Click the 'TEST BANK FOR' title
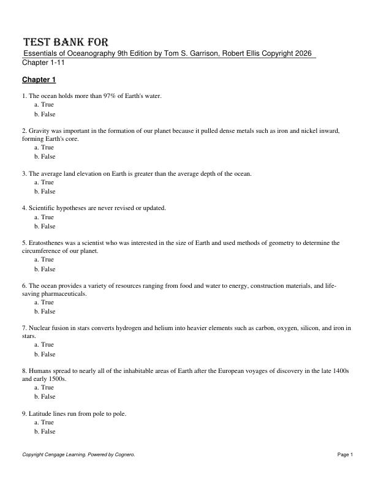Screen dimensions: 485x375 66,42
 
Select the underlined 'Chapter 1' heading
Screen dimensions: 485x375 39,80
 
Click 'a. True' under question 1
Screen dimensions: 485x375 44,105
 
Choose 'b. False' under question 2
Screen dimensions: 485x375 45,157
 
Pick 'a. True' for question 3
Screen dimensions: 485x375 44,182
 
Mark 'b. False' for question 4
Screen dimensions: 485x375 45,227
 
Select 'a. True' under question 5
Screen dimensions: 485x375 44,260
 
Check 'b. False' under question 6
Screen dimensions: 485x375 45,312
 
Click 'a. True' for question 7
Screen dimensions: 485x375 44,345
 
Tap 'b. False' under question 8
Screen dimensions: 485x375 45,397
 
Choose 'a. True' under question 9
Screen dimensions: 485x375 44,423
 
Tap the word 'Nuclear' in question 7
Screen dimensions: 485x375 40,328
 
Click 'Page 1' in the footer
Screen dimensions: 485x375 345,454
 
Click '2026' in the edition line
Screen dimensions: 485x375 303,54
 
